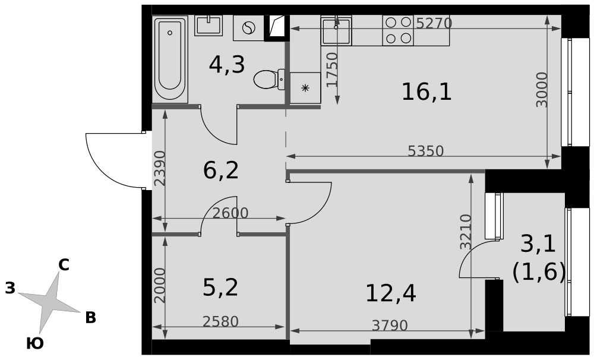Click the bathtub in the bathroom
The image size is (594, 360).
point(170,59)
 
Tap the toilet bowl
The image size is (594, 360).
point(269,80)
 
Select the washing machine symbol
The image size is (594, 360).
point(248,28)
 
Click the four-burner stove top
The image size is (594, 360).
point(398,30)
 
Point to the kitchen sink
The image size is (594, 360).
point(336,30)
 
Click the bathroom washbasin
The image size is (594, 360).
point(208,26)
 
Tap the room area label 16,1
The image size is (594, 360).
point(426,92)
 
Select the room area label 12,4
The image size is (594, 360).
point(391,293)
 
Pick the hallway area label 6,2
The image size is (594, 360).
point(221,170)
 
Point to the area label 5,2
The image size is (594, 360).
point(220,288)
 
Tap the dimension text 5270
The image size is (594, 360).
point(434,24)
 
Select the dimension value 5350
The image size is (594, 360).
point(426,151)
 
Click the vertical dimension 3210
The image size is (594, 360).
point(466,232)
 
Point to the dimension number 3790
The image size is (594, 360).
point(390,325)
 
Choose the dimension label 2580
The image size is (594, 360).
point(220,322)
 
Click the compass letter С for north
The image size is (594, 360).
point(64,266)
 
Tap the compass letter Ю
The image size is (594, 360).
point(35,344)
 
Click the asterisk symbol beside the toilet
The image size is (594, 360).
point(305,89)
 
